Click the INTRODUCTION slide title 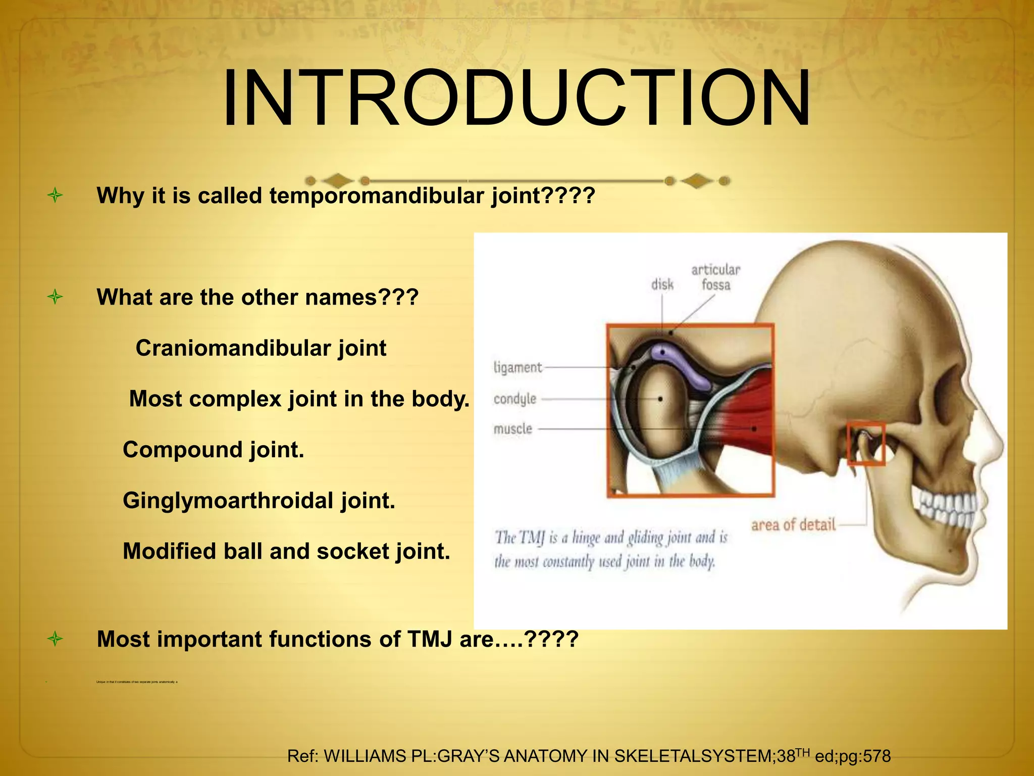[x=516, y=99]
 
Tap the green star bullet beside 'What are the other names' [x=55, y=297]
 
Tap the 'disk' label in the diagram [x=662, y=285]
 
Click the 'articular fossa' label [x=715, y=277]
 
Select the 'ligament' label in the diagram [x=518, y=367]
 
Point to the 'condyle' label [x=514, y=399]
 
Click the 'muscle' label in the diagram [x=512, y=429]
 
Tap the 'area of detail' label [x=793, y=525]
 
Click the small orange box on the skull [x=865, y=443]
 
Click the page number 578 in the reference [x=876, y=756]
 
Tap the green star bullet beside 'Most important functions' [x=55, y=640]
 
